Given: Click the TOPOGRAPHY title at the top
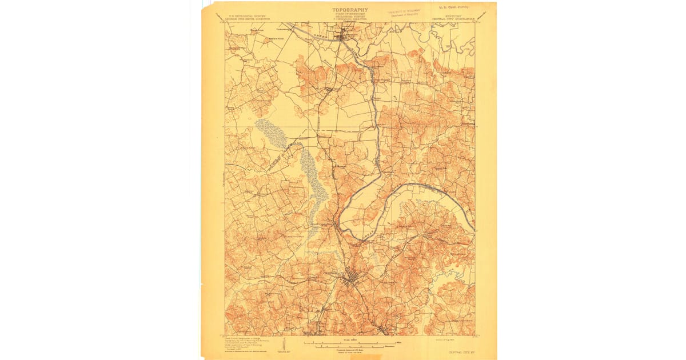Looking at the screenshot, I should coord(350,10).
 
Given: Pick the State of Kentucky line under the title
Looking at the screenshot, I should coord(350,15).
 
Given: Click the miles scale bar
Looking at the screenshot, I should coord(350,342).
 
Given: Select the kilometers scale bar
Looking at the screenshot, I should coord(350,346).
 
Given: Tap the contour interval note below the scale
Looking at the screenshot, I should coord(350,350).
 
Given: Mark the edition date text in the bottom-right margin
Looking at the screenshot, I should coord(436,339).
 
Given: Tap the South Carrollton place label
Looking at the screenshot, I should coord(320,224).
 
